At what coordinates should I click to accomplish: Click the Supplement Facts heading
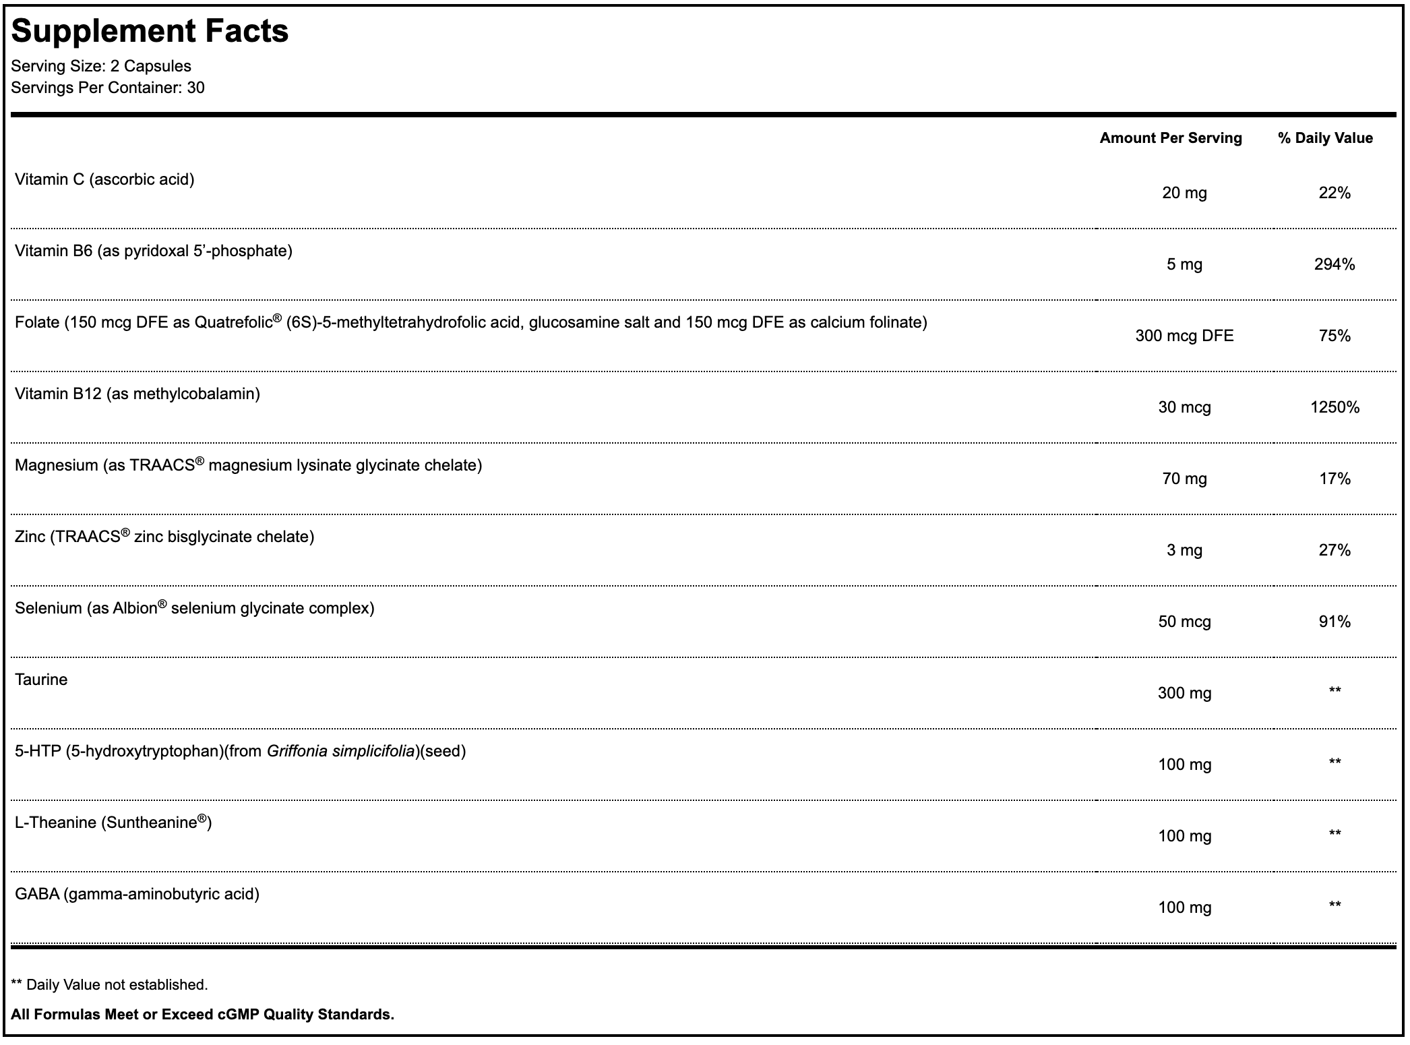tap(150, 31)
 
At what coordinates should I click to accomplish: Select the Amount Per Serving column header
tap(1171, 138)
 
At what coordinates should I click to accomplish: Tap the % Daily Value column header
tap(1325, 138)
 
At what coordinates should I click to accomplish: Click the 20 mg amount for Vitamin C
tap(1184, 193)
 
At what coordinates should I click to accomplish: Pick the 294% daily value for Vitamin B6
tap(1335, 264)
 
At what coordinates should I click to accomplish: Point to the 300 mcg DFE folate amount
tap(1184, 336)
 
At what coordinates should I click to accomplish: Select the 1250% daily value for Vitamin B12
tap(1335, 407)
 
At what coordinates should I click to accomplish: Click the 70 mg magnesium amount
tap(1184, 479)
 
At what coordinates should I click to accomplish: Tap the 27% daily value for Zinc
tap(1335, 550)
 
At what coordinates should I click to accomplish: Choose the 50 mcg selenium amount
tap(1184, 622)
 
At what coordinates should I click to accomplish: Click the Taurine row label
tap(41, 680)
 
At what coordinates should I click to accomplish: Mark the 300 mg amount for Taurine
tap(1184, 693)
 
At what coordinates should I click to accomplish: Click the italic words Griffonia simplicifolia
tap(340, 751)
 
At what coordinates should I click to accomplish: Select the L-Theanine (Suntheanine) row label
tap(113, 823)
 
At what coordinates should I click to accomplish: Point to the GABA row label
tap(137, 894)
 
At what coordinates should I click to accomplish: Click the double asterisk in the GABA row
tap(1335, 905)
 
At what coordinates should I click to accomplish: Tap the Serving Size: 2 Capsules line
tap(101, 66)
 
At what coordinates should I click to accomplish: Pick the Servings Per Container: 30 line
tap(108, 88)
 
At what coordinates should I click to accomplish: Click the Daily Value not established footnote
tap(110, 985)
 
